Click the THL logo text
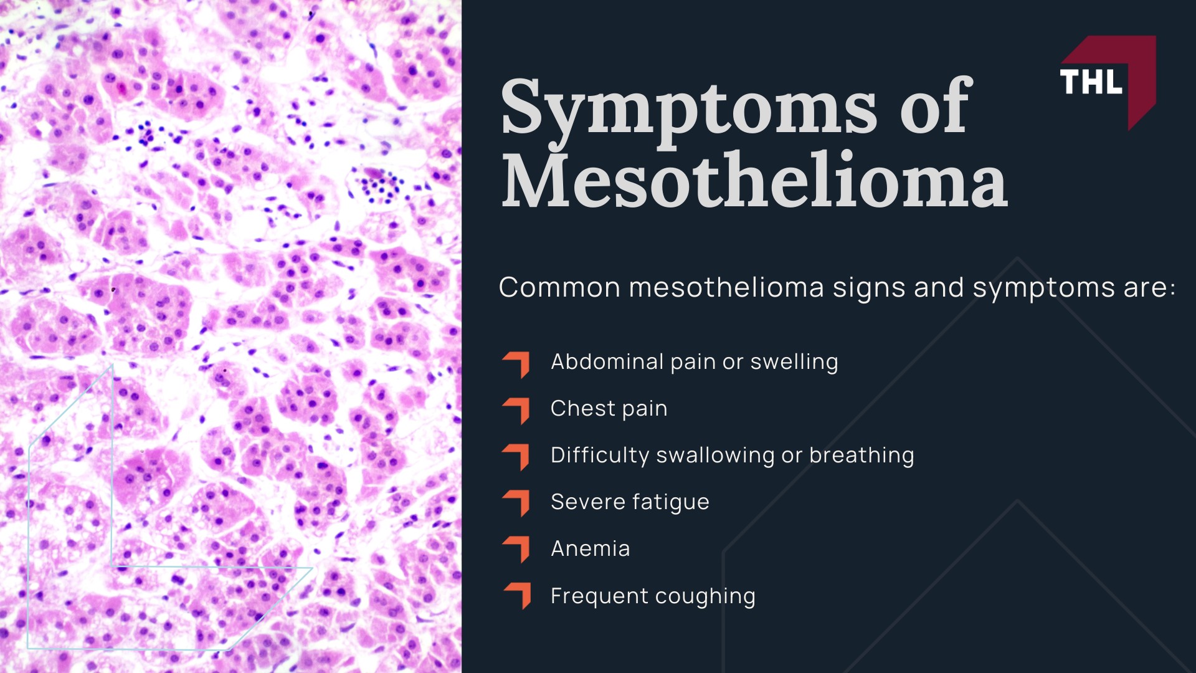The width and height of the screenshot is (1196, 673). click(1091, 82)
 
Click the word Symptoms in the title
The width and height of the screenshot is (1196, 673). click(688, 108)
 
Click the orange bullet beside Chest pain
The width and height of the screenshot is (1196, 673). click(517, 410)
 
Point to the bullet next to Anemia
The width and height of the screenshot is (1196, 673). click(517, 549)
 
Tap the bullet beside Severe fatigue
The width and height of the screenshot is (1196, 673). click(517, 503)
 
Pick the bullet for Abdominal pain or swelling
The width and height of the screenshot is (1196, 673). click(517, 364)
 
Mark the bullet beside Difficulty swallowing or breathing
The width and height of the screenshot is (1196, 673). click(517, 456)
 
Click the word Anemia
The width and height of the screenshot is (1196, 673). click(590, 549)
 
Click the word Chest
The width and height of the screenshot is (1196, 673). click(582, 409)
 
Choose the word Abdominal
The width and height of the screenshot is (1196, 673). click(607, 362)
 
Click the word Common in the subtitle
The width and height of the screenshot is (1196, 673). click(559, 288)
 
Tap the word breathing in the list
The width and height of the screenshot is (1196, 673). click(861, 456)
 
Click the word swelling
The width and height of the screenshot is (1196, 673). click(794, 362)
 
